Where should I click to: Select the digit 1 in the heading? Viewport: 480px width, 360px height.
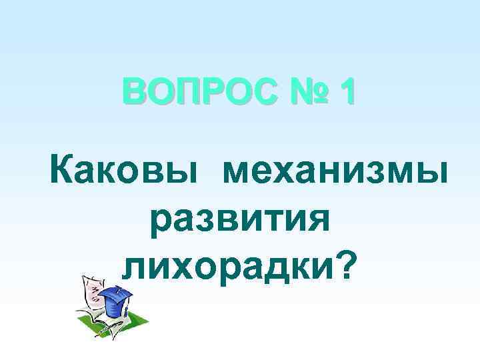click(347, 93)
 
